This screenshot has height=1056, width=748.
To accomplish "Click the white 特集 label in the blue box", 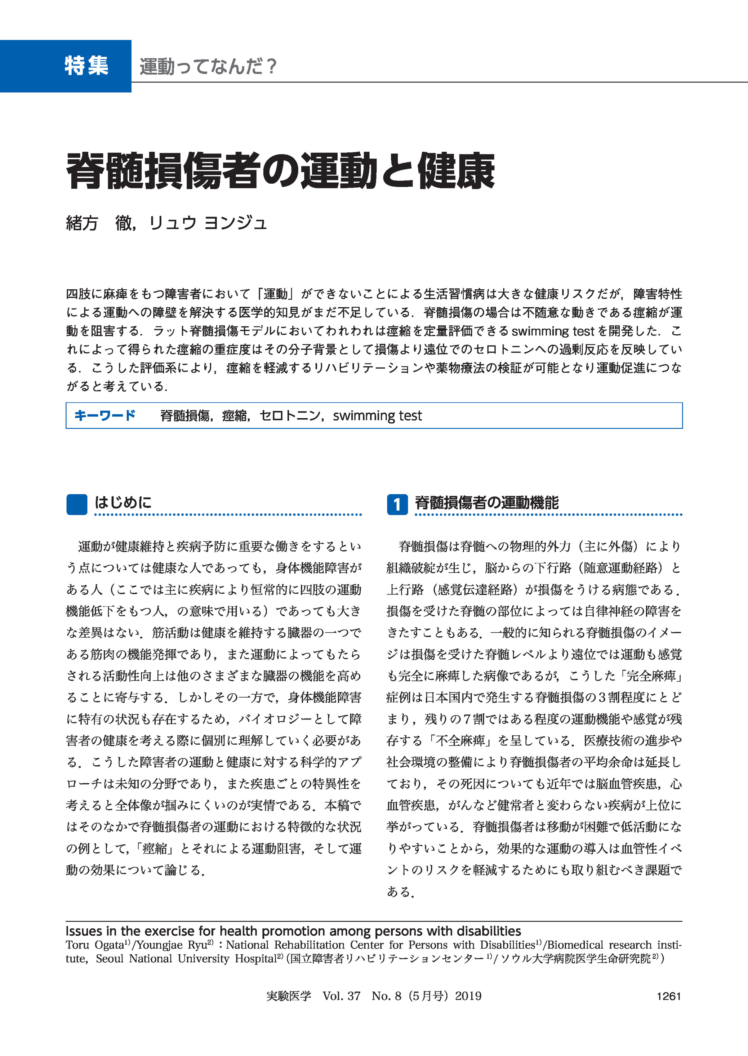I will pyautogui.click(x=86, y=66).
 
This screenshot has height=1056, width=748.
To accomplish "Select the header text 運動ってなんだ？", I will pyautogui.click(x=208, y=67).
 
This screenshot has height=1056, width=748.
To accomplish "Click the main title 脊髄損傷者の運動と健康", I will pyautogui.click(x=280, y=171).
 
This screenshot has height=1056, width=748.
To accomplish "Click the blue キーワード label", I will pyautogui.click(x=105, y=415).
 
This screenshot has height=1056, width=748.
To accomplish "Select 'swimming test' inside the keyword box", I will pyautogui.click(x=377, y=416).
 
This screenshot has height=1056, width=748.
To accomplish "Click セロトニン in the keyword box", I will pyautogui.click(x=289, y=416).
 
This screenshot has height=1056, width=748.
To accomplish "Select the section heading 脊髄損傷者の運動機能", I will pyautogui.click(x=486, y=503).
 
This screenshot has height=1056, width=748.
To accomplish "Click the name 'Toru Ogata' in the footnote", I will pyautogui.click(x=95, y=945).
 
